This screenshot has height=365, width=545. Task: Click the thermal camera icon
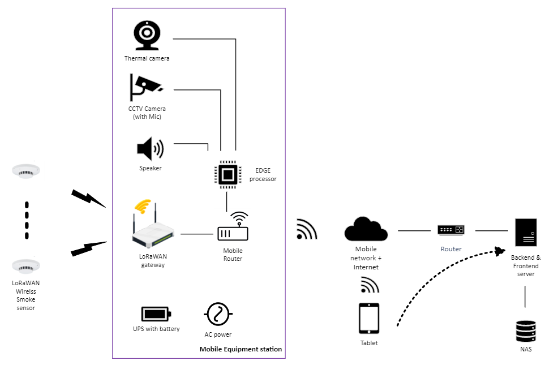147,36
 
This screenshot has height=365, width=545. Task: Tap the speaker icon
150,149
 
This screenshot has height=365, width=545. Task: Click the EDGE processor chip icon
227,174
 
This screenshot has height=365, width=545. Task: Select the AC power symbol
218,313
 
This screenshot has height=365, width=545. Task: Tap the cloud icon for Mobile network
366,229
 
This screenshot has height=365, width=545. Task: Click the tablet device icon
368,319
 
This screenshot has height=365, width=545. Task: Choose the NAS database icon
526,331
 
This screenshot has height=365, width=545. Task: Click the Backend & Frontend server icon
526,232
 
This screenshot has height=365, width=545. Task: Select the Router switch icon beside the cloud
450,230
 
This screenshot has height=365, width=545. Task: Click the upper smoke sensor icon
26,171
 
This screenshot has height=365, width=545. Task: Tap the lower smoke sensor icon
26,266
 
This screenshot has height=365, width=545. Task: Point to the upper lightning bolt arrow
88,198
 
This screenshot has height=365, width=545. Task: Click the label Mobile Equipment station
241,349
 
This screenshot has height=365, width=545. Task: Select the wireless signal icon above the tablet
369,285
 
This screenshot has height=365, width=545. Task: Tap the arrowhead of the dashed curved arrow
499,251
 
